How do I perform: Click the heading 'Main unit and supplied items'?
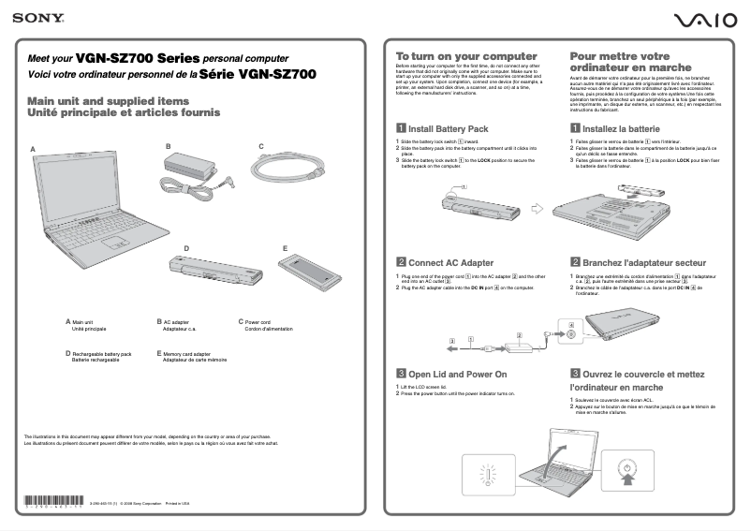pyautogui.click(x=108, y=101)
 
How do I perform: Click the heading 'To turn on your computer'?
pyautogui.click(x=465, y=56)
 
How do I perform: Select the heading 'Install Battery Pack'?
pyautogui.click(x=448, y=128)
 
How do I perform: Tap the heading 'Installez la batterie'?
pyautogui.click(x=621, y=128)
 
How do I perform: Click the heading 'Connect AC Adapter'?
pyautogui.click(x=450, y=263)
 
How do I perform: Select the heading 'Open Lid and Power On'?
pyautogui.click(x=457, y=374)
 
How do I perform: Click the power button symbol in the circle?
pyautogui.click(x=625, y=465)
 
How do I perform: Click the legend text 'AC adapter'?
pyautogui.click(x=175, y=321)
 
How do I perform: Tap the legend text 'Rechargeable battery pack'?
pyautogui.click(x=101, y=354)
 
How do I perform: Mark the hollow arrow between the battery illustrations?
pyautogui.click(x=537, y=208)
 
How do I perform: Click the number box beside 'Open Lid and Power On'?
pyautogui.click(x=401, y=374)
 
